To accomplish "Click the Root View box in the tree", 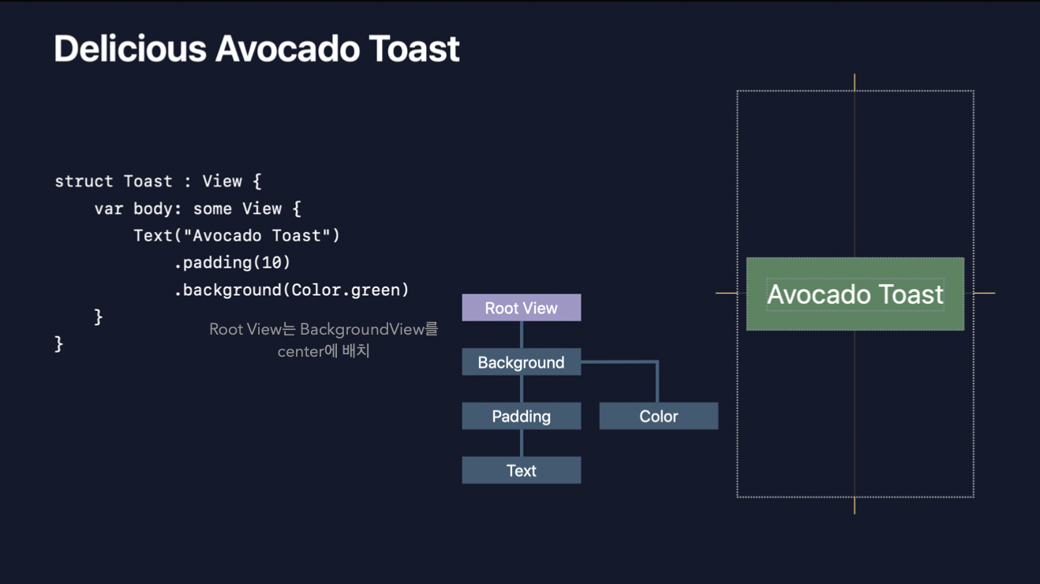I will tap(521, 308).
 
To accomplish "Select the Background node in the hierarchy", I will tap(521, 362).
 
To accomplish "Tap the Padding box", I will tap(521, 416).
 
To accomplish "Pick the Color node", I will tap(658, 416).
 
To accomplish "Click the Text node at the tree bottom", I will tap(521, 470).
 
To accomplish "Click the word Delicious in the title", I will tap(129, 49).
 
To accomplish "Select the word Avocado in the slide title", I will tap(288, 49).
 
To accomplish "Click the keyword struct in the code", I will tap(84, 182).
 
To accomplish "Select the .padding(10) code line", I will tap(232, 262).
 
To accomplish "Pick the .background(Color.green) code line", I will tap(291, 290).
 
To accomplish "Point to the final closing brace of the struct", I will tap(59, 343).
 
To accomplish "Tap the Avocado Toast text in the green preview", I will tap(855, 294).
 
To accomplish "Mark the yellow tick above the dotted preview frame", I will tap(855, 82).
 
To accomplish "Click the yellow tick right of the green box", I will tap(984, 293).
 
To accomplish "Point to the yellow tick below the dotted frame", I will tap(855, 506).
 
